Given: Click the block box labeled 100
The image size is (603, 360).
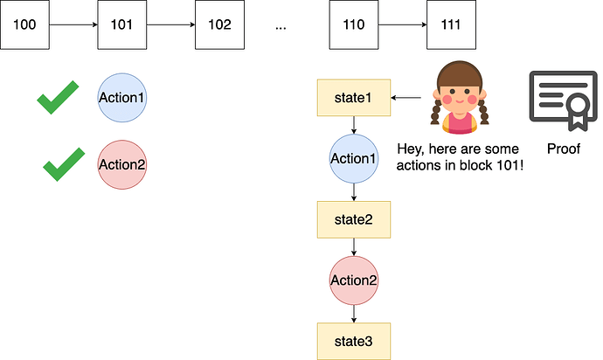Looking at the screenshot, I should point(25,24).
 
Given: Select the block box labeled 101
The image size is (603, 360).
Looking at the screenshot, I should point(122,24).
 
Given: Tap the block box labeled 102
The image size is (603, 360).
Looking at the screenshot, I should point(218,24).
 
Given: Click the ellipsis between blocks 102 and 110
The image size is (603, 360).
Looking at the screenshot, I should point(281,26).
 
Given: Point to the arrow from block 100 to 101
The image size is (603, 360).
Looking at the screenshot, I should point(73,24).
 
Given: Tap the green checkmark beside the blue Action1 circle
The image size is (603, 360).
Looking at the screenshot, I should point(58,99).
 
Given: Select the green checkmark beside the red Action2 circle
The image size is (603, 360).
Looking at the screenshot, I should point(64,163).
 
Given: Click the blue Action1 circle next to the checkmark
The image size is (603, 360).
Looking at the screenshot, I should point(121,96).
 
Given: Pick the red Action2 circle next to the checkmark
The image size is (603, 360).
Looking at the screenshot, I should point(121,163).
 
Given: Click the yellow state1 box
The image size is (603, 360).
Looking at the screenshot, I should point(353,98).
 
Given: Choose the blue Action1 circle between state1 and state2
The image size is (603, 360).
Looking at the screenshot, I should point(353,158).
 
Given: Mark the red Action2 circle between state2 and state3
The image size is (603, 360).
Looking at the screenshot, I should point(353,280).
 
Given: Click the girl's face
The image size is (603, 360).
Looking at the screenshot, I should point(459,94).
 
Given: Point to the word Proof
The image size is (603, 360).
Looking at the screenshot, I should point(564,149).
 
